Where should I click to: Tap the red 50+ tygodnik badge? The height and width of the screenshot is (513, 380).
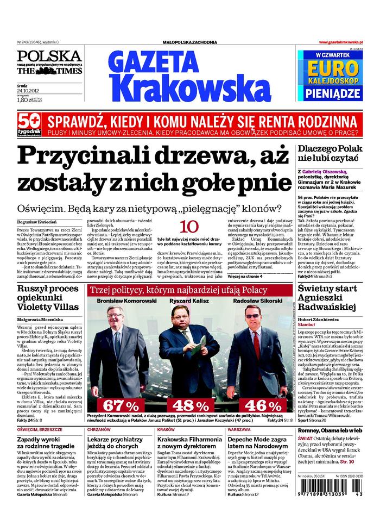pos(29,126)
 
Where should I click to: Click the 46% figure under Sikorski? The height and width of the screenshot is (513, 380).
pos(263,405)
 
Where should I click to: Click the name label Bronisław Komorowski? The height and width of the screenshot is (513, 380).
pos(126,301)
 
